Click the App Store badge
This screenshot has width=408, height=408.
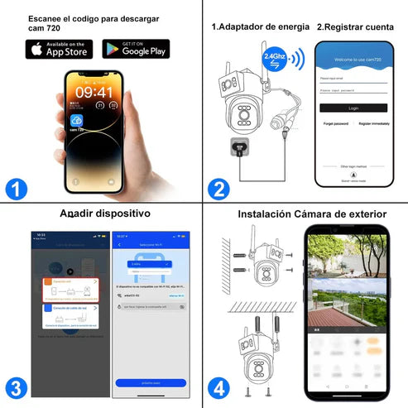59,49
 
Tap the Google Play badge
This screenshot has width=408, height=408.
136,49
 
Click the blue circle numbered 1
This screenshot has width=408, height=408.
15,188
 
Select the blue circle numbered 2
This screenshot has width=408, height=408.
219,188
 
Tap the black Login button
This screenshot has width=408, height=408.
353,108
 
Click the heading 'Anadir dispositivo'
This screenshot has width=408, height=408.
105,214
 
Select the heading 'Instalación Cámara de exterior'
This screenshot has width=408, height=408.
312,214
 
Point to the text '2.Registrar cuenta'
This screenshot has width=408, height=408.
355,26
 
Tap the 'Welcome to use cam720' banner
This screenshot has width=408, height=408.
353,61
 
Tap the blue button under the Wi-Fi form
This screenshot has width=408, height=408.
151,383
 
